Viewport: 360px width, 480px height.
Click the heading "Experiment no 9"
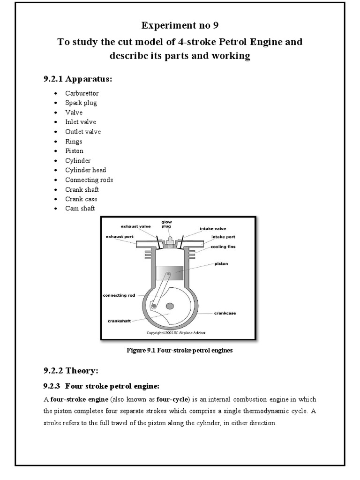coord(180,25)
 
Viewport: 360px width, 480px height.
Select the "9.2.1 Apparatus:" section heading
coord(78,79)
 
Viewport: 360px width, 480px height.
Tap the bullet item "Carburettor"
coord(82,93)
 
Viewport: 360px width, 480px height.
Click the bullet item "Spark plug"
coord(82,103)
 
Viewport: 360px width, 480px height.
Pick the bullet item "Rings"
coord(74,141)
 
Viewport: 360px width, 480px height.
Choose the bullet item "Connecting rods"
coord(89,180)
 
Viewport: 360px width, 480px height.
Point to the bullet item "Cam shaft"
coord(80,208)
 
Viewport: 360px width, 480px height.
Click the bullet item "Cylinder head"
coord(86,170)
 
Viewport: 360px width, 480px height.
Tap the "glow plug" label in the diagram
coord(167,224)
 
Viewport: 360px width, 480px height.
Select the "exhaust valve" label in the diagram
coord(136,226)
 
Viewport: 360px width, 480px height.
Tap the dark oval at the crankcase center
coord(169,306)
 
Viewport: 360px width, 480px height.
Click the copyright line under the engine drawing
coord(176,333)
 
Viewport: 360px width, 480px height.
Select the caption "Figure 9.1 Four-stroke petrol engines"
coord(180,350)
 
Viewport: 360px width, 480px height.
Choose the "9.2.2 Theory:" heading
coord(71,371)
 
